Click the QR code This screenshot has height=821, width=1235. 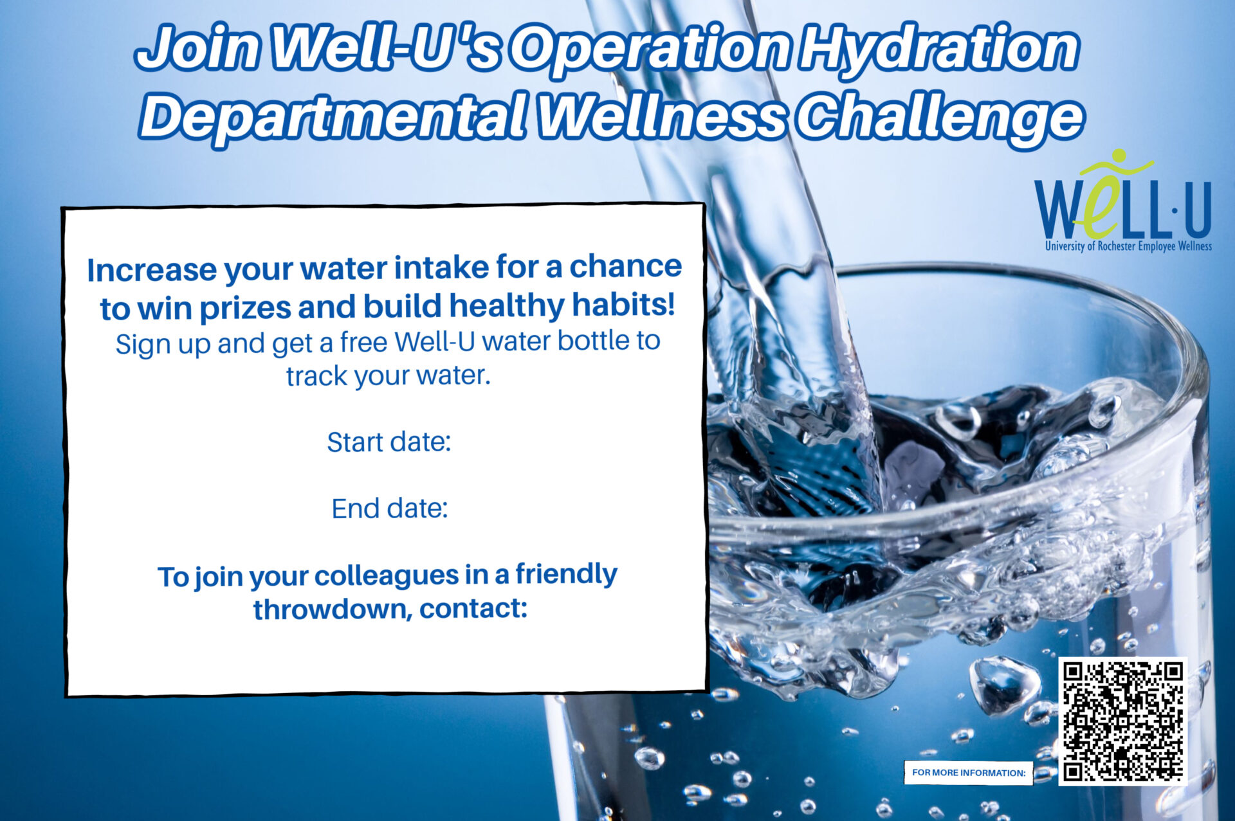point(1122,721)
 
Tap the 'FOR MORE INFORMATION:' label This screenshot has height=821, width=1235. point(969,773)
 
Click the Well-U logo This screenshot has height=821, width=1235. point(1123,201)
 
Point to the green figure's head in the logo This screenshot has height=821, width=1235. point(1119,156)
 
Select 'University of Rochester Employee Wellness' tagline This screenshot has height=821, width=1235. point(1128,246)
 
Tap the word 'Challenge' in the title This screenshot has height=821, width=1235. point(940,119)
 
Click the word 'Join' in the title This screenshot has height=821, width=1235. point(199,49)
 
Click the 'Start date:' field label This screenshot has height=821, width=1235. point(389,442)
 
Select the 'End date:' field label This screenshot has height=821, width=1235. point(389,509)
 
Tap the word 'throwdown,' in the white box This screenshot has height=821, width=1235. point(333,609)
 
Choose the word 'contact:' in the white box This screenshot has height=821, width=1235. point(473,608)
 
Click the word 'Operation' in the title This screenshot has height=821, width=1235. point(651,50)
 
